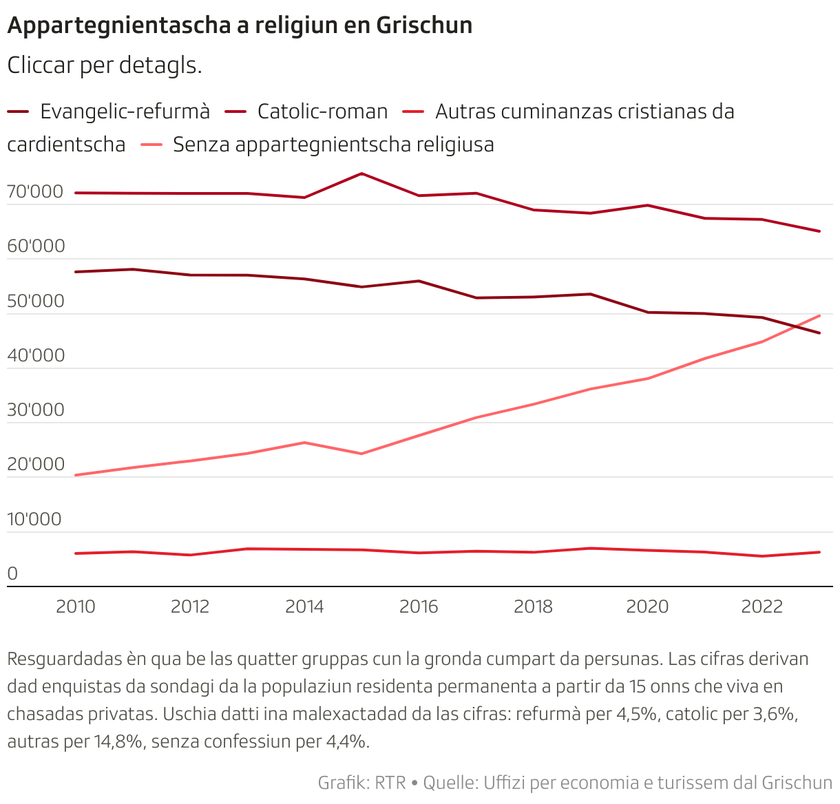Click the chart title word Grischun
coord(424,25)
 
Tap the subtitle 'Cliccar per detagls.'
coord(104,65)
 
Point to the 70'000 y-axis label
coord(35,192)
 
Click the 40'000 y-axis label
coord(35,356)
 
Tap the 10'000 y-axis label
coord(35,520)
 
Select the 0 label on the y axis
coord(12,574)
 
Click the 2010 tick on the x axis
coord(76,606)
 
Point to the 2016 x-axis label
coord(419,606)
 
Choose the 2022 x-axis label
coord(762,606)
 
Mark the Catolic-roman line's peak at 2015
coord(361,173)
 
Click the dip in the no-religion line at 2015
coord(361,454)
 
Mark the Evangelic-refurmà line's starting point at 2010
coord(76,272)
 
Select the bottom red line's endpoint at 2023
coord(819,552)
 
